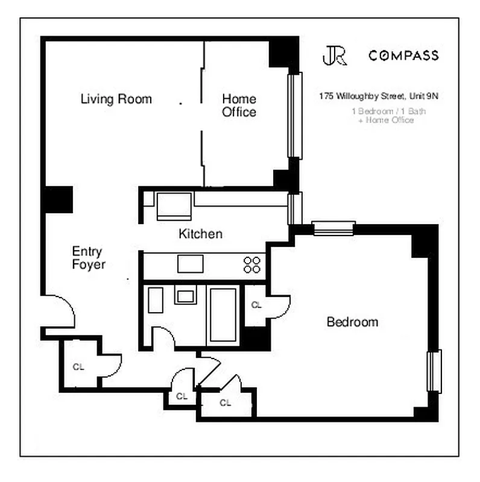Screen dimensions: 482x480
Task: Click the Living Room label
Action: (x=116, y=99)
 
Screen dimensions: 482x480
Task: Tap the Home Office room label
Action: (x=239, y=105)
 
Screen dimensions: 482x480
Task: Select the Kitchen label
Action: (x=200, y=234)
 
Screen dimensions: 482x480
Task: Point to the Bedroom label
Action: (x=352, y=322)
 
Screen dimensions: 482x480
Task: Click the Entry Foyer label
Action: (x=88, y=258)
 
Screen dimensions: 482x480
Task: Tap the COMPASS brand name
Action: (x=403, y=56)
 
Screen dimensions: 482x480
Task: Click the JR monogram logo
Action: (x=334, y=55)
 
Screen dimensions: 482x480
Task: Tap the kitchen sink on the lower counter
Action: (x=190, y=264)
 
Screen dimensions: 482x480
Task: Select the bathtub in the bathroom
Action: (x=223, y=315)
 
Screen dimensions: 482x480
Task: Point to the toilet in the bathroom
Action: (x=156, y=299)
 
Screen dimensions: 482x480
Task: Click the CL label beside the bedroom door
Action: (x=256, y=305)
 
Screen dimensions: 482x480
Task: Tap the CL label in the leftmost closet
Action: (x=78, y=366)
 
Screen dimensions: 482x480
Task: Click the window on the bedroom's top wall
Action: (x=333, y=228)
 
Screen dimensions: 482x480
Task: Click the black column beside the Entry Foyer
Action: (x=58, y=199)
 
